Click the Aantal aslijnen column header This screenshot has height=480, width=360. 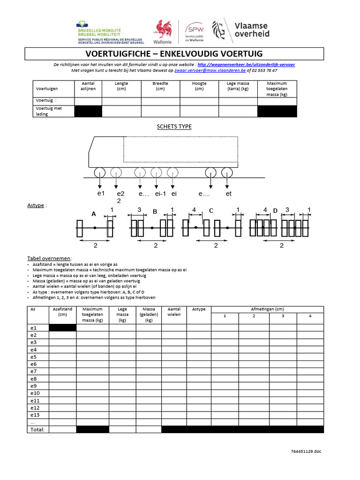[x=88, y=86]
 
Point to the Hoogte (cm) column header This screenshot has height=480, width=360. [x=199, y=86]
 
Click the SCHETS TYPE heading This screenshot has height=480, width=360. [x=174, y=127]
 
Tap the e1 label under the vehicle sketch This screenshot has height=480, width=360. [x=100, y=194]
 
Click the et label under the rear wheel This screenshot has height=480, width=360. [x=229, y=194]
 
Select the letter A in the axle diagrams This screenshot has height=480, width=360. [x=94, y=213]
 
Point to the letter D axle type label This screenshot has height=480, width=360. [x=275, y=210]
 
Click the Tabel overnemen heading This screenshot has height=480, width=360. [x=49, y=258]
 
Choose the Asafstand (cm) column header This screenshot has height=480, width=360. [x=62, y=312]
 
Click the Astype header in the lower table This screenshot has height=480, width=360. [x=199, y=309]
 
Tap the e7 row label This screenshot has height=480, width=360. [x=34, y=371]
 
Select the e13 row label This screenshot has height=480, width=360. [x=35, y=415]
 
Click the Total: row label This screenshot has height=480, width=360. [x=37, y=429]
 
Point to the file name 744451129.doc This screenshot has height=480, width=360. [x=306, y=451]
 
